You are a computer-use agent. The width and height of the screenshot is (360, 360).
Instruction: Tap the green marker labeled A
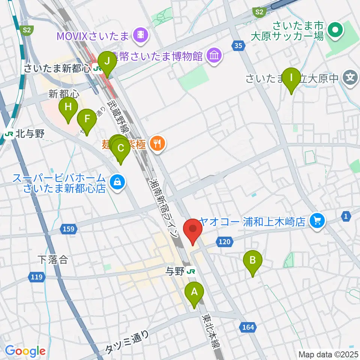point(194,292)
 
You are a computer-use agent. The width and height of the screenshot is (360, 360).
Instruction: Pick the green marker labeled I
point(291,78)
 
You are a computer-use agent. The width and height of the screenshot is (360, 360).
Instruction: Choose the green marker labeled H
point(68,108)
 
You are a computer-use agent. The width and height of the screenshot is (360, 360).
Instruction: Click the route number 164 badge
point(248,327)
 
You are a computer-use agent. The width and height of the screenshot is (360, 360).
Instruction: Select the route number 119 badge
point(36,277)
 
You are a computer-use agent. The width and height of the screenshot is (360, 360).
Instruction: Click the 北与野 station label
point(20,134)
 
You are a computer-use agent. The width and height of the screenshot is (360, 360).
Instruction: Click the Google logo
point(25,351)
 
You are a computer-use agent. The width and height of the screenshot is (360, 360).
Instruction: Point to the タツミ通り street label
point(127,342)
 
